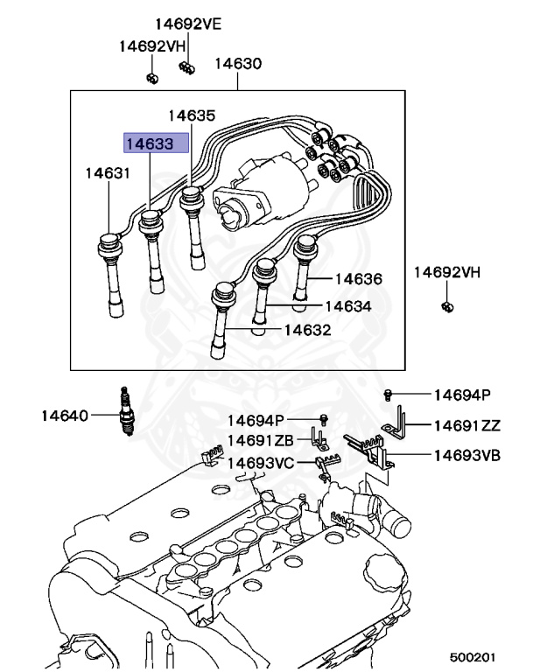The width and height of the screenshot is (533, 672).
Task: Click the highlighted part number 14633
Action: click(156, 143)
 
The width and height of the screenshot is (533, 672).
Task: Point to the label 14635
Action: click(191, 115)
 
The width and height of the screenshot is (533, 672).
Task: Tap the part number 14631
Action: click(108, 173)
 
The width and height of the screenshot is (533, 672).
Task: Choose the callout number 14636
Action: click(358, 279)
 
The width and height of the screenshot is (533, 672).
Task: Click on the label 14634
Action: click(347, 306)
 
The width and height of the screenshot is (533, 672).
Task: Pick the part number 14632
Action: click(306, 331)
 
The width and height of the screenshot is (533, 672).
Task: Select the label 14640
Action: click(64, 415)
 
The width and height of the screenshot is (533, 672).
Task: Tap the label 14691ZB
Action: click(259, 440)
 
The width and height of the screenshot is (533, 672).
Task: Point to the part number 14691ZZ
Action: click(466, 426)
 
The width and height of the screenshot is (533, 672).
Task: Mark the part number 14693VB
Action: click(467, 455)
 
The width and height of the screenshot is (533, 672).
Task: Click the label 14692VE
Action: click(189, 24)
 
